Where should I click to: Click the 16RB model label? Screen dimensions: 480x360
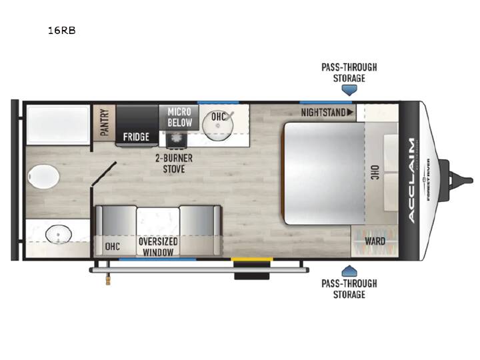pos(61,31)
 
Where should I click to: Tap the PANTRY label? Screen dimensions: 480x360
pos(105,122)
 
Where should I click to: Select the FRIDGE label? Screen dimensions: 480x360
pos(136,137)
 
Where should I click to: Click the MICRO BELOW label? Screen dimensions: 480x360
pos(180,117)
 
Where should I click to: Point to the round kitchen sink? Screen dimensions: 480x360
pos(217,125)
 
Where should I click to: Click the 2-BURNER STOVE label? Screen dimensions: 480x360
pos(174,163)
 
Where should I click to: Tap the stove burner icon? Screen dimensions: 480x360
pos(176,138)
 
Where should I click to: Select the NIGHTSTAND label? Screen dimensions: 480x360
pos(323,113)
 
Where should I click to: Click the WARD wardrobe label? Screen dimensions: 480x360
pos(375,241)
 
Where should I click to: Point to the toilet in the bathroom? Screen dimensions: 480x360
pos(43,177)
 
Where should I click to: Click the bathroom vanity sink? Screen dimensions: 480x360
pos(59,234)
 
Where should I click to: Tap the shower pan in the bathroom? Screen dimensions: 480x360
pos(58,125)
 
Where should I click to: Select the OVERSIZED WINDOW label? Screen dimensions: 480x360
pos(158,247)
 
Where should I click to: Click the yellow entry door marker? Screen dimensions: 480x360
pos(252,259)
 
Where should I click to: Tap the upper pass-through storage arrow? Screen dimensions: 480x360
pos(349,90)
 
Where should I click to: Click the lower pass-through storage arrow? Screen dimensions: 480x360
pos(349,271)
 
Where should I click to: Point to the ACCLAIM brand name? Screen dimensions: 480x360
pos(412,180)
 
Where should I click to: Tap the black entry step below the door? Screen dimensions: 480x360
pos(252,276)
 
